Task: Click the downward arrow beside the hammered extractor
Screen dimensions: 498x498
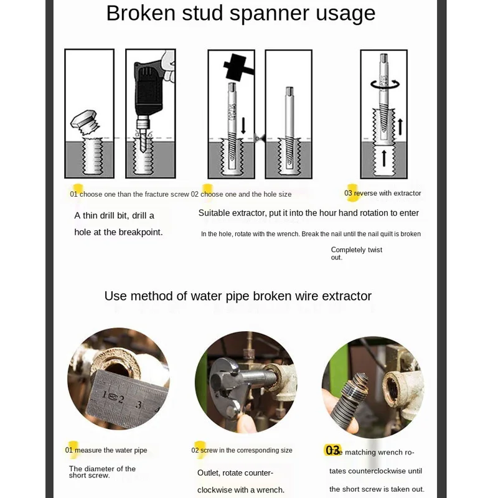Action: pos(243,124)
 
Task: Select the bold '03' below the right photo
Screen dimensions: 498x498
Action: pos(333,450)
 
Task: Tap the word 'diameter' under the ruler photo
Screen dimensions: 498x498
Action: pos(99,469)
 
